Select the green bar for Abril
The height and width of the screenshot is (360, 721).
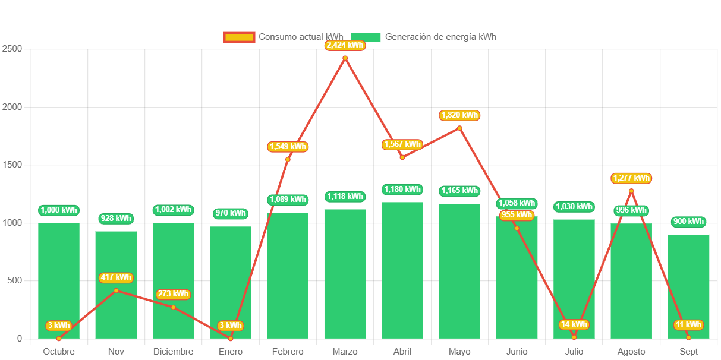tap(402, 270)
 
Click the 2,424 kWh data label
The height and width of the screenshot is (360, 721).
tap(345, 45)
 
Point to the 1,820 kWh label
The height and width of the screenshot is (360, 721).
tap(459, 115)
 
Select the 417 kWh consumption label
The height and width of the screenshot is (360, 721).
tap(116, 277)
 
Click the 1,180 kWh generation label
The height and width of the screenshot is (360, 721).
tap(402, 190)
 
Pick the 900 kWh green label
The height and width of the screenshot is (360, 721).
tap(688, 222)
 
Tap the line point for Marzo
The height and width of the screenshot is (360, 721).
tap(345, 58)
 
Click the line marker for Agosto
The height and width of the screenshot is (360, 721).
tap(631, 191)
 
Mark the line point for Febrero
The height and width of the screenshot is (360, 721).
tap(288, 159)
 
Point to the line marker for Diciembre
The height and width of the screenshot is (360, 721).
tap(174, 307)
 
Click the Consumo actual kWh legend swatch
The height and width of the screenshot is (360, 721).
tap(239, 37)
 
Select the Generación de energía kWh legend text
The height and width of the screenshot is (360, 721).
tap(440, 37)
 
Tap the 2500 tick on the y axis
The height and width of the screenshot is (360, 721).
tap(12, 49)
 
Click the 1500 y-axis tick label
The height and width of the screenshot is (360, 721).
tap(12, 165)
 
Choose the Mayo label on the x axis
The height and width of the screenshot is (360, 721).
tap(459, 352)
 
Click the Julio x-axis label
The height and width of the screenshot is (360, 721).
tap(574, 352)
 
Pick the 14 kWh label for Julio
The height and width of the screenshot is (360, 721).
tap(574, 324)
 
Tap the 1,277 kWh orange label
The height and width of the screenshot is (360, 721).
tap(631, 178)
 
